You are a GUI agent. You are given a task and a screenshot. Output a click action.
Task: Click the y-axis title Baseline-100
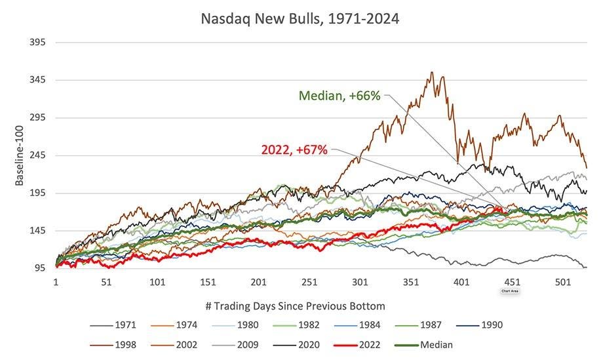point(20,155)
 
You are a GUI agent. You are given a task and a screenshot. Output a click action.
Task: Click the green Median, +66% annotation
point(339,96)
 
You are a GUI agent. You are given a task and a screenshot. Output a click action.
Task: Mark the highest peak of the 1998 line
point(431,73)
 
